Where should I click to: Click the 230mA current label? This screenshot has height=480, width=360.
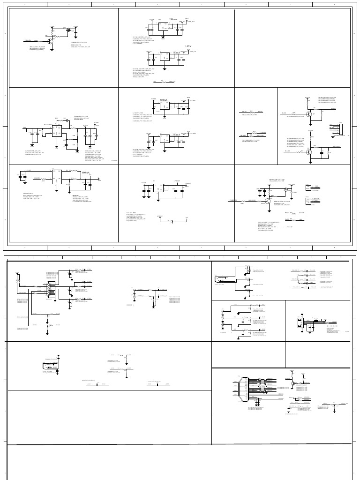point(173,19)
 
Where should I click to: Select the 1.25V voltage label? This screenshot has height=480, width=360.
point(188,46)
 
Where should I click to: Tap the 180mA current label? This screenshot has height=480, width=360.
point(176,52)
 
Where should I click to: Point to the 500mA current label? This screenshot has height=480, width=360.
point(164,100)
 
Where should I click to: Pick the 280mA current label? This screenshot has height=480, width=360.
point(176,135)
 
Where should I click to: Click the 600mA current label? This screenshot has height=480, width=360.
point(86,173)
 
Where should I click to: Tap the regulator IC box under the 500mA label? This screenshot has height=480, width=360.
point(164,106)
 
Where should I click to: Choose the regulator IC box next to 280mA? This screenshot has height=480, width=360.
point(164,139)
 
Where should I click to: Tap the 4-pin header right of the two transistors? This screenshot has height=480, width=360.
point(337,129)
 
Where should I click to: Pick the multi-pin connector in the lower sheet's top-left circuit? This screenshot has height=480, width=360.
point(51,291)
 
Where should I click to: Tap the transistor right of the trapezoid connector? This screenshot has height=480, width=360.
point(292,383)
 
